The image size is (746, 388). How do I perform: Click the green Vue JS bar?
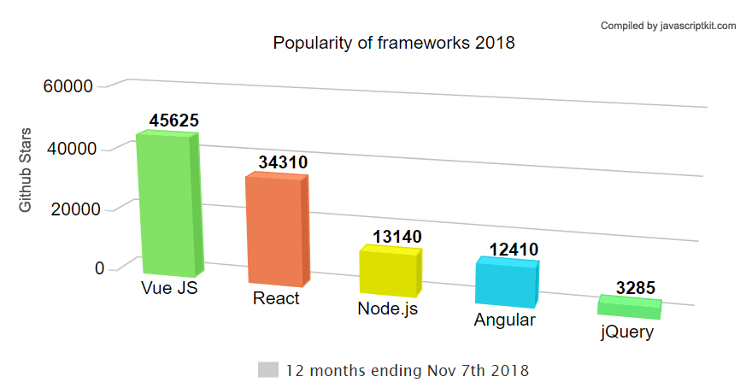[x=168, y=205]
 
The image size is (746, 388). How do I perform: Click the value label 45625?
[x=173, y=121]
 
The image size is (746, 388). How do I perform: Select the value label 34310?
[x=283, y=162]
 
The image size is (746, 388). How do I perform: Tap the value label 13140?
[x=397, y=236]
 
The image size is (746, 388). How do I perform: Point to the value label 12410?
[x=514, y=250]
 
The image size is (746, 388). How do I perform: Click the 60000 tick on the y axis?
[x=68, y=86]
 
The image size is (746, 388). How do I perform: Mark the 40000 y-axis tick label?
[x=73, y=150]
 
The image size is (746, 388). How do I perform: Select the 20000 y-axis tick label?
[x=77, y=209]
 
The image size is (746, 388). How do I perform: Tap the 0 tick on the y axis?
[x=100, y=268]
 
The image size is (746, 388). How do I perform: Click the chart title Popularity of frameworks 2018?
[x=394, y=43]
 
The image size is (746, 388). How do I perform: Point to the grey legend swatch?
[x=268, y=370]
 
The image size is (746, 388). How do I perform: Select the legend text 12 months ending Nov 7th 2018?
[x=408, y=371]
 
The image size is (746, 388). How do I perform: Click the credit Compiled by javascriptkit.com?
[x=668, y=26]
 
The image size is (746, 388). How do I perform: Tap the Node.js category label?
[x=387, y=309]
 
